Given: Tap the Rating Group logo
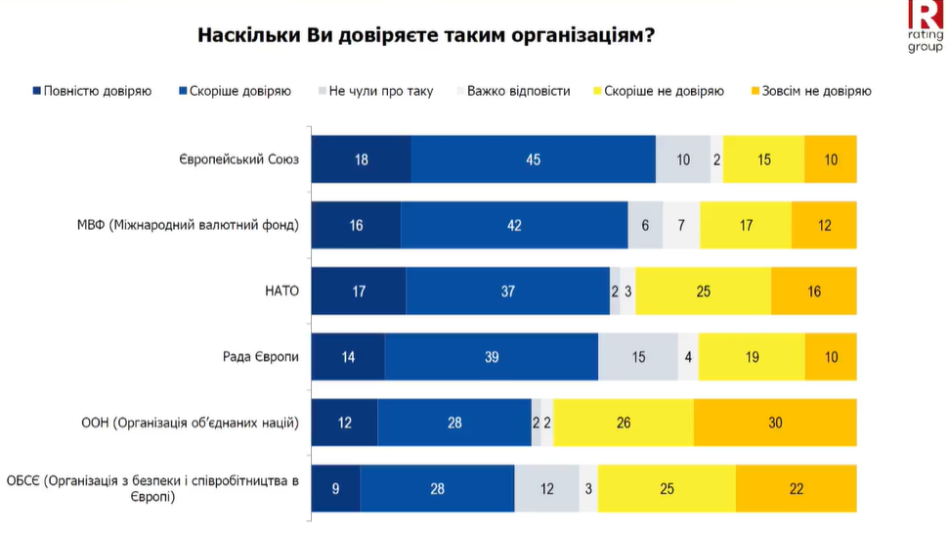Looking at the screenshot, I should [925, 26].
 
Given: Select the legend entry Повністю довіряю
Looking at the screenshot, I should [92, 91].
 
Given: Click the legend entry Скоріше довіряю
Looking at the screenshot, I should [235, 91].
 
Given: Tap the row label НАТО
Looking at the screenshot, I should [281, 291].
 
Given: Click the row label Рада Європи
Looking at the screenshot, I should [261, 356].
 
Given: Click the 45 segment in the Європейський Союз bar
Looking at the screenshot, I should [533, 159].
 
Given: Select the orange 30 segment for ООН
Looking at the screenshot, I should [775, 423].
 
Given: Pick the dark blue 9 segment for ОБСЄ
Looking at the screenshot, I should [335, 488].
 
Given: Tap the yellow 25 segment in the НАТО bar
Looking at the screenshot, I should [703, 291].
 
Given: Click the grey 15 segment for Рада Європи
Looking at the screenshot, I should [638, 357].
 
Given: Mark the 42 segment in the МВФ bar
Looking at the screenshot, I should [514, 225].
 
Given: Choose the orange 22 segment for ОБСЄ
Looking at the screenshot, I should [796, 488].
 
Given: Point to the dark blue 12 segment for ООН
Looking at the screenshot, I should [344, 423].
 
